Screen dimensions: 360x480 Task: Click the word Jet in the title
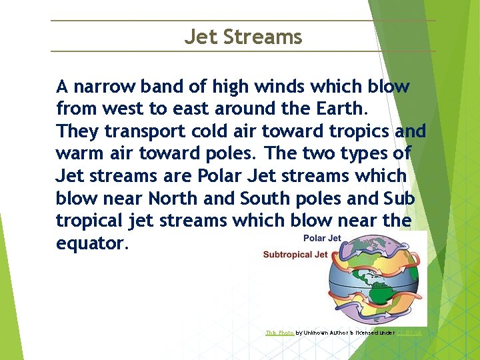click(x=201, y=37)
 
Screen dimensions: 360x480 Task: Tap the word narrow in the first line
click(x=104, y=87)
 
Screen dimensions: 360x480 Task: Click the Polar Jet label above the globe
click(x=322, y=238)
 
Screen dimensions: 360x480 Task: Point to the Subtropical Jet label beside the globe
click(x=295, y=255)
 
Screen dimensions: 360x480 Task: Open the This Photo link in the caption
click(x=279, y=332)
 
